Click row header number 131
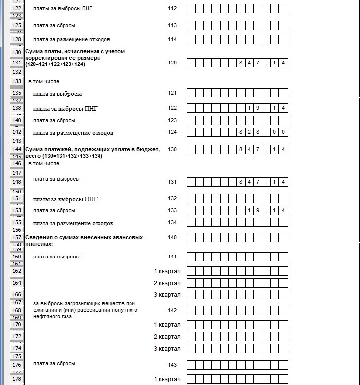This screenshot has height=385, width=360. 17,63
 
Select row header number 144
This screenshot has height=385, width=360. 17,149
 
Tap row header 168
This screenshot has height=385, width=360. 17,310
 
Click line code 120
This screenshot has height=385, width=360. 172,63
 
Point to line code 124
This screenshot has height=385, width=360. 172,132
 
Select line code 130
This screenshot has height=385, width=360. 172,149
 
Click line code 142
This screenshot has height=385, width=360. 172,310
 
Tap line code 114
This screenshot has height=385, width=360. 172,39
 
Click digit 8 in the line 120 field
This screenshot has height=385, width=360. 241,63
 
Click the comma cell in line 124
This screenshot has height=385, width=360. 266,132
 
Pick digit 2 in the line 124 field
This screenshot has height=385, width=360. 250,132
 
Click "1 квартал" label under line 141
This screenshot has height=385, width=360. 167,271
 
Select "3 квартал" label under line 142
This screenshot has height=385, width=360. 167,349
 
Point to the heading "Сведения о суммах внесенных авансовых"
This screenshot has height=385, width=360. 84,237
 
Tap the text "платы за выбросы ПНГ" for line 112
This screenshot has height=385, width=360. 62,8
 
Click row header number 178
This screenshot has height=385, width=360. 17,379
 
